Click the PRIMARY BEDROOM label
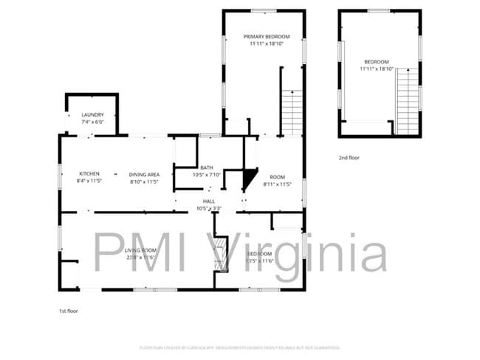tap(267, 36)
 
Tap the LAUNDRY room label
tap(92, 115)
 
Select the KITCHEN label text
tap(89, 173)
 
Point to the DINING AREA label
tap(145, 173)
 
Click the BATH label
tap(206, 168)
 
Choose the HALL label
tap(209, 201)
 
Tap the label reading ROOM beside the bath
tap(277, 177)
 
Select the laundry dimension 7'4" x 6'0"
tap(92, 122)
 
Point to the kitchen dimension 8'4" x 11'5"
tap(89, 181)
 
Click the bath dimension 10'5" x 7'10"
tap(206, 175)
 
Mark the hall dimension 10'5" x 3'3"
tap(209, 209)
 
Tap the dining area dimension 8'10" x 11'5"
tap(145, 181)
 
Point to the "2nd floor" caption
tap(349, 158)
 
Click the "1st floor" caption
tap(69, 311)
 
